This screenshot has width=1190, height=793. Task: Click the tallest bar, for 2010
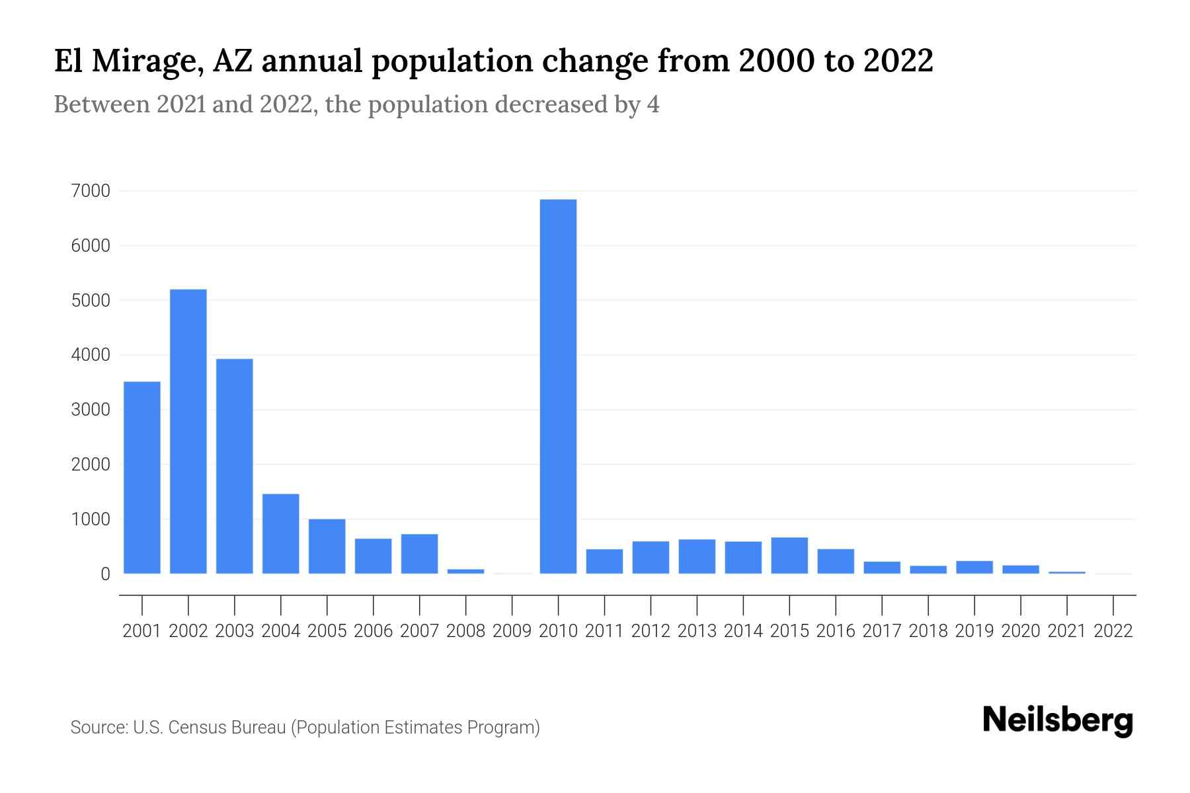pyautogui.click(x=558, y=387)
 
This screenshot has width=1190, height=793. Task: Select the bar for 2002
pyautogui.click(x=188, y=432)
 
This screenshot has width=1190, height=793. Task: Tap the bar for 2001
pyautogui.click(x=142, y=477)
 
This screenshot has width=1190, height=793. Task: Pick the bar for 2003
pyautogui.click(x=235, y=466)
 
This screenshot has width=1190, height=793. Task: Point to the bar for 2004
pyautogui.click(x=281, y=534)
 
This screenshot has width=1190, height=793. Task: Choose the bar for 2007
pyautogui.click(x=420, y=554)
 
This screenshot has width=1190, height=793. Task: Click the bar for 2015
pyautogui.click(x=789, y=555)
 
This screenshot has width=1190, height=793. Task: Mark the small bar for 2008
pyautogui.click(x=466, y=571)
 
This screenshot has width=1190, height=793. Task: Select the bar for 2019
pyautogui.click(x=974, y=567)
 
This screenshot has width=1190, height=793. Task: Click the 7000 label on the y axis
pyautogui.click(x=91, y=191)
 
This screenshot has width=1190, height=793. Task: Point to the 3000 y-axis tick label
pyautogui.click(x=91, y=410)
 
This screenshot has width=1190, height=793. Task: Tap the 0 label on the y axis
pyautogui.click(x=105, y=574)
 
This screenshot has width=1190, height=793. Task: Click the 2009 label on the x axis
pyautogui.click(x=512, y=631)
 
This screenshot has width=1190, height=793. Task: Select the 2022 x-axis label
pyautogui.click(x=1113, y=631)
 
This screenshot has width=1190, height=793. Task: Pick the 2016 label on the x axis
pyautogui.click(x=836, y=631)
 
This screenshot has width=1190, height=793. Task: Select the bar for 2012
pyautogui.click(x=651, y=557)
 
